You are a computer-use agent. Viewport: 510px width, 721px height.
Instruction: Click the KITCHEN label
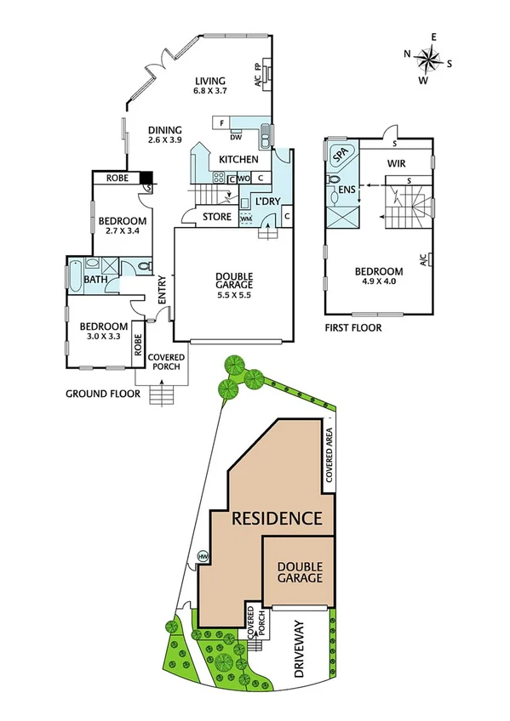[238, 160]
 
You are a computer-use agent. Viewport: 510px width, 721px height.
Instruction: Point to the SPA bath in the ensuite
[341, 156]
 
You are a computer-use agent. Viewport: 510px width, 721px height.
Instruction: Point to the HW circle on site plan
[203, 556]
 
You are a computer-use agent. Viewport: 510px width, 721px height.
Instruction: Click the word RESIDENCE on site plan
[277, 518]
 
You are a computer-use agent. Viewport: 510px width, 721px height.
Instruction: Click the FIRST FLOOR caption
[353, 327]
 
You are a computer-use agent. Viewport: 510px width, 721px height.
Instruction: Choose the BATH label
[95, 278]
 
